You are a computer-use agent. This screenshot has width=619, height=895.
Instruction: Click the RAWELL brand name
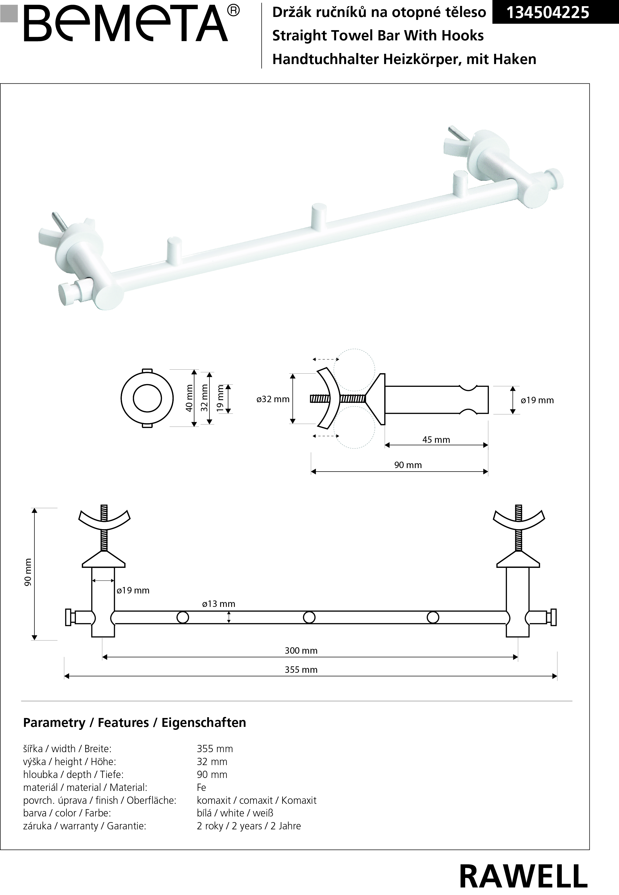(523, 876)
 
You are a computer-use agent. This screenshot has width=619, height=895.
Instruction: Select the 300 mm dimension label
(301, 650)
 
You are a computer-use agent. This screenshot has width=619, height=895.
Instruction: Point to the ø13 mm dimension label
(219, 604)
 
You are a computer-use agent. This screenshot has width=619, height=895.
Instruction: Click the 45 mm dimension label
(436, 440)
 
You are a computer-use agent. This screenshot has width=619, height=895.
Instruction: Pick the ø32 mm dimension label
(273, 399)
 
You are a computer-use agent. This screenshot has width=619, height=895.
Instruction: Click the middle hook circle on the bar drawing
(309, 617)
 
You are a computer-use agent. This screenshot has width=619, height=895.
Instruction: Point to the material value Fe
(201, 787)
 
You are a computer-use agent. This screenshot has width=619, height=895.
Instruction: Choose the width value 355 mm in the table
(215, 749)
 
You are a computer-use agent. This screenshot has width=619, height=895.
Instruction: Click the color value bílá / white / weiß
(235, 813)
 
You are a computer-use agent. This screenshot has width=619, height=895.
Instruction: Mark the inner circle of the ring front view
(147, 398)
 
